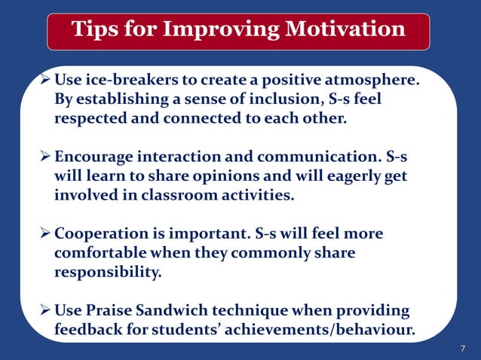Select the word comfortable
point(100,253)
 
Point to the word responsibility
point(107,273)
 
